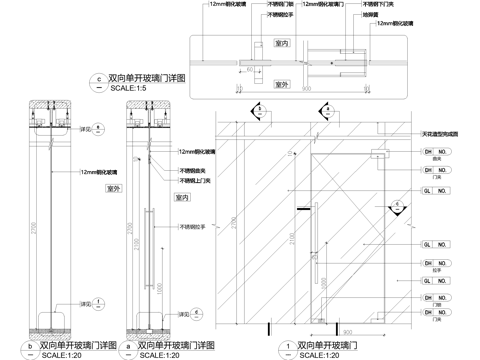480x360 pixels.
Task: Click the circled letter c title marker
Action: click(x=98, y=77)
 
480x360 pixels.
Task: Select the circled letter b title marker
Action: click(x=32, y=346)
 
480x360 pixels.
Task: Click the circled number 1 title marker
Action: click(x=287, y=346)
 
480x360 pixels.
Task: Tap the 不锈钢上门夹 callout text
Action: click(x=197, y=181)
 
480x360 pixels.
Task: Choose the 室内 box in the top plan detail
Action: click(x=282, y=44)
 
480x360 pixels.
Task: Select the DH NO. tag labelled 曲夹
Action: click(x=434, y=152)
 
